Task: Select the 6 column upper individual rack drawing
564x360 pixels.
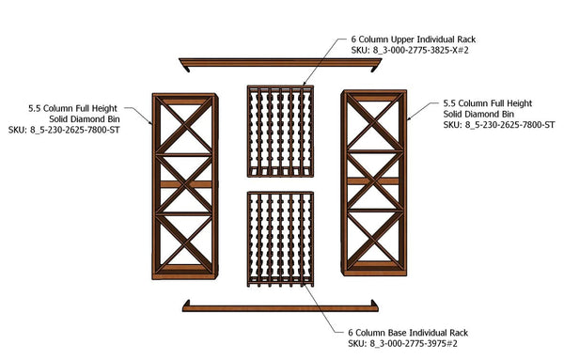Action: click(280, 132)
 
